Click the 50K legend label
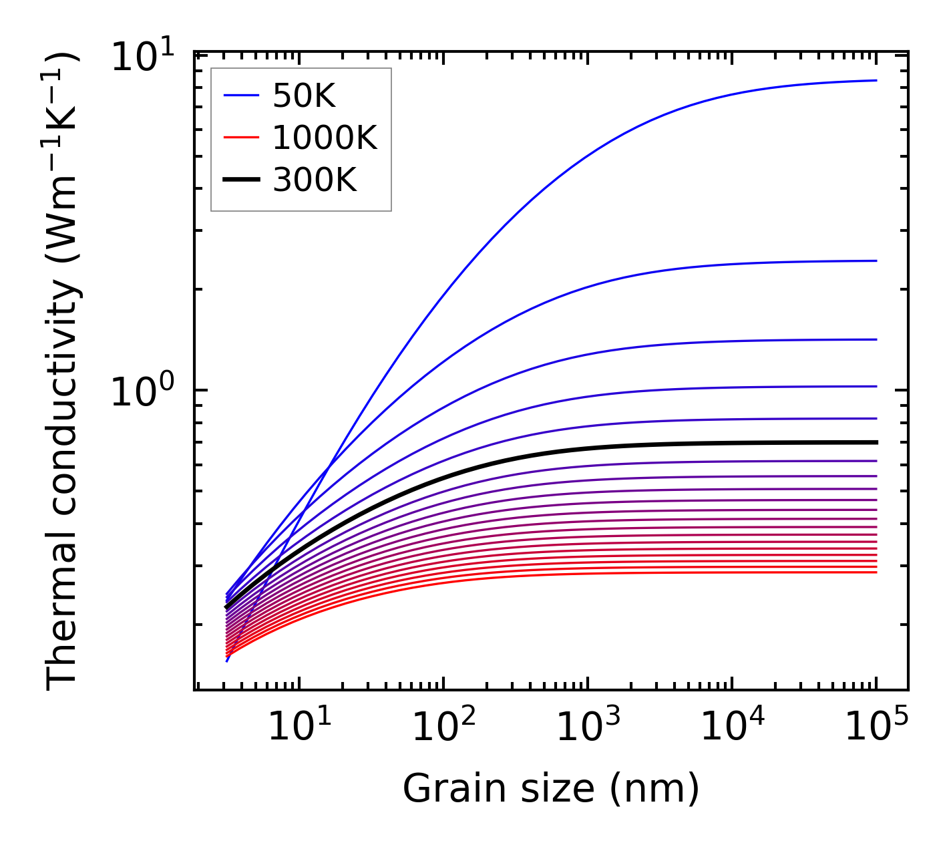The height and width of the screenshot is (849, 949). click(304, 98)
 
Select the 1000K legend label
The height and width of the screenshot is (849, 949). click(325, 139)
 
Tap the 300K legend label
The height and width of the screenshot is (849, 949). click(315, 180)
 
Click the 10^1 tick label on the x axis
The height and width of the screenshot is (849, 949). click(299, 726)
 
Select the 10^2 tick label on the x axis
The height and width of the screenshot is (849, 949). click(443, 726)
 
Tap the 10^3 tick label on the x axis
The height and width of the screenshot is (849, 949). click(588, 726)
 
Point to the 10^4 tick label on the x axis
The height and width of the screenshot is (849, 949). click(732, 726)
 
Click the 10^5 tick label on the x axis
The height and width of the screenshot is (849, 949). click(876, 726)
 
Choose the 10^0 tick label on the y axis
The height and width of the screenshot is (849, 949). click(142, 392)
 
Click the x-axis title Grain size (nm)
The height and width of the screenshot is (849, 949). click(551, 789)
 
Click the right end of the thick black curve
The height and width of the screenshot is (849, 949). click(876, 442)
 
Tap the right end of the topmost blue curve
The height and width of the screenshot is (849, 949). click(876, 80)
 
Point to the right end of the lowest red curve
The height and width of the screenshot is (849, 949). click(876, 572)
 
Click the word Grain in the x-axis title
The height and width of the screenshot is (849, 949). click(444, 789)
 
